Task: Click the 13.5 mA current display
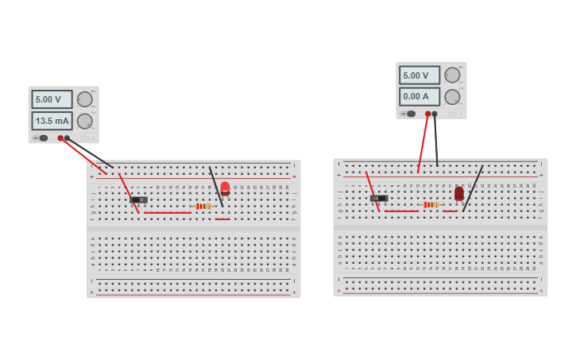click(52, 121)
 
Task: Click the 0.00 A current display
click(419, 97)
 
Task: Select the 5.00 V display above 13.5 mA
click(52, 99)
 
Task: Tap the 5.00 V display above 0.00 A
click(419, 75)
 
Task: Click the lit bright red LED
click(225, 188)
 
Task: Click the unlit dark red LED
click(459, 193)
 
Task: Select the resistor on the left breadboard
click(203, 206)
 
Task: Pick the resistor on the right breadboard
click(431, 204)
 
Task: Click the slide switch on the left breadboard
click(138, 199)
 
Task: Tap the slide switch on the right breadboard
click(379, 198)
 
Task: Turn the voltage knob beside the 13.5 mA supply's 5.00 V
click(84, 99)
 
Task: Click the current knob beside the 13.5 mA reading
click(84, 121)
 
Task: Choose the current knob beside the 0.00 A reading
click(452, 97)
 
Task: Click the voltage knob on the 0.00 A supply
click(452, 75)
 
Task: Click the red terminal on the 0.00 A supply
click(427, 114)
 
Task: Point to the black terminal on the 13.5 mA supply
click(67, 137)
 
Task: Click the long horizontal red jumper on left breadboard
click(167, 212)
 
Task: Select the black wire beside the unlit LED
click(473, 188)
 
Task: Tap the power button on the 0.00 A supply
click(411, 114)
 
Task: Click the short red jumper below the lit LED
click(222, 219)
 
